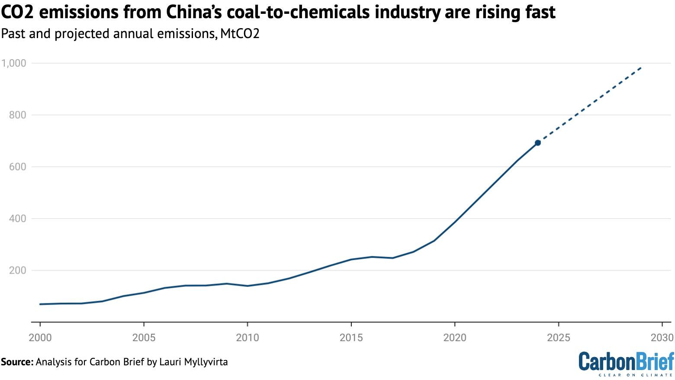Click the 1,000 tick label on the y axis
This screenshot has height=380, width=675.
[14, 63]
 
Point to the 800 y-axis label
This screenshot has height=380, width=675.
[17, 115]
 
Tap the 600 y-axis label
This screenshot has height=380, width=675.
[17, 167]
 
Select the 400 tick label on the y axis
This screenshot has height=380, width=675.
[17, 219]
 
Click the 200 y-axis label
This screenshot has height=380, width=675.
[17, 271]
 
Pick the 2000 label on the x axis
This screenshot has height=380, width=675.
[40, 338]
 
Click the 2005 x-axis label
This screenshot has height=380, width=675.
[144, 338]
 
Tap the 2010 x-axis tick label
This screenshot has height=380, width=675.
[247, 338]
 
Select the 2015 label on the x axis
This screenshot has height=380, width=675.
[351, 338]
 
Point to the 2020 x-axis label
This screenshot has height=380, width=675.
[455, 338]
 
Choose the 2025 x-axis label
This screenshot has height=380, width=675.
[559, 338]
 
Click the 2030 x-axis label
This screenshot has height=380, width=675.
[662, 338]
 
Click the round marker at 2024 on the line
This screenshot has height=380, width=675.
[538, 143]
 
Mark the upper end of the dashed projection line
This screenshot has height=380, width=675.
[641, 68]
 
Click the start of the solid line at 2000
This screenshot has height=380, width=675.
[40, 304]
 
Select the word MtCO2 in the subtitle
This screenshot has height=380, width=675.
[240, 34]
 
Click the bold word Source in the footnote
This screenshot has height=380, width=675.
[16, 362]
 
